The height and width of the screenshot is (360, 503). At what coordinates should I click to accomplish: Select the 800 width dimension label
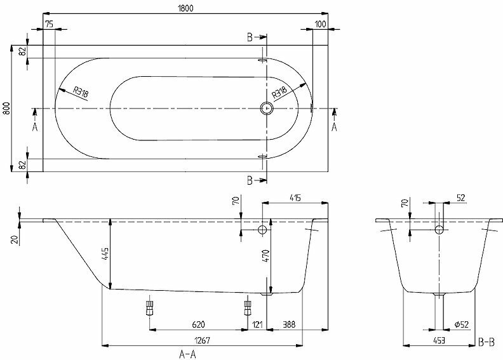pos(6,109)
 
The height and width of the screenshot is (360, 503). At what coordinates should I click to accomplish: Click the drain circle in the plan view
pos(266,109)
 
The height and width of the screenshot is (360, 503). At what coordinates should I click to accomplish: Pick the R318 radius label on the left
pos(81,93)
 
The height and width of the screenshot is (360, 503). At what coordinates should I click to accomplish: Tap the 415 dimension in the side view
pos(295,198)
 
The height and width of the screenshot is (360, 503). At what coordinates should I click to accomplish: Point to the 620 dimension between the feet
pos(198,325)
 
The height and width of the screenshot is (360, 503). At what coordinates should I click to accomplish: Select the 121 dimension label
pos(257,325)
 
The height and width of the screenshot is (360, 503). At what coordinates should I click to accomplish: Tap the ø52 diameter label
pos(462,325)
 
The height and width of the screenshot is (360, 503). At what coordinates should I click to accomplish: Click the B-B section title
pos(486,342)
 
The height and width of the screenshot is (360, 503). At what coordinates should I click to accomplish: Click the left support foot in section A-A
pos(148,307)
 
